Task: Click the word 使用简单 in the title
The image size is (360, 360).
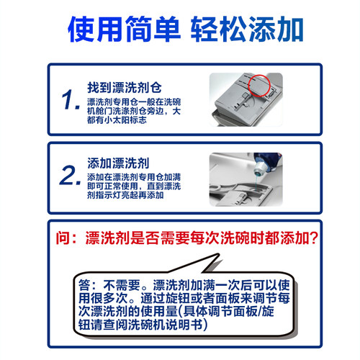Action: [x=120, y=32]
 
